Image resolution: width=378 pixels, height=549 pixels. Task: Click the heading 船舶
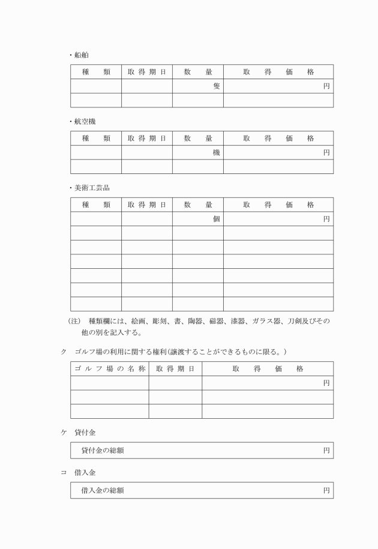click(x=80, y=55)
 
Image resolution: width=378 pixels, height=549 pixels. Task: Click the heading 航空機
click(x=84, y=121)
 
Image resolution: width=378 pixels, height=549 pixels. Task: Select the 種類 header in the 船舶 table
click(x=96, y=72)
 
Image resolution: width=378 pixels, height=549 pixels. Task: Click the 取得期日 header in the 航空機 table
click(x=147, y=138)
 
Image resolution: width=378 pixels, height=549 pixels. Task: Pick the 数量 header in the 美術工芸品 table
click(x=198, y=205)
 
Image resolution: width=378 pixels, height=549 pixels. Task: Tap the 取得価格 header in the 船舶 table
click(x=278, y=72)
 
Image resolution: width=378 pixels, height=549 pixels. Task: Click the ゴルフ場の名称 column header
click(x=109, y=368)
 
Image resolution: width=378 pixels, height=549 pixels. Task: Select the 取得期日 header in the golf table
click(x=175, y=368)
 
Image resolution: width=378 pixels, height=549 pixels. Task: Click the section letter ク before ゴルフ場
click(x=64, y=351)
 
